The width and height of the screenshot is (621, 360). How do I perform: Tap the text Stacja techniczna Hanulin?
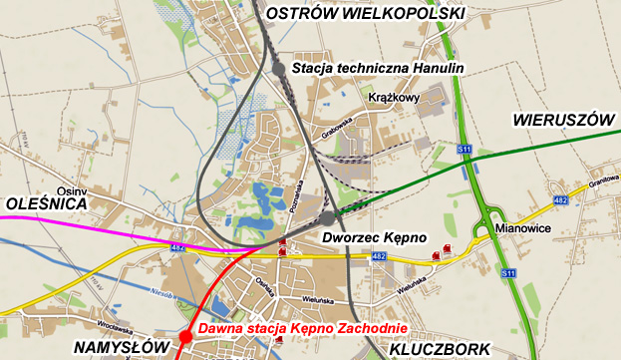click(379, 68)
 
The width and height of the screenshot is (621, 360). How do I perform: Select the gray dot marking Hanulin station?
click(278, 68)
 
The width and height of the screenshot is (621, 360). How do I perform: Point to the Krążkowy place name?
click(393, 98)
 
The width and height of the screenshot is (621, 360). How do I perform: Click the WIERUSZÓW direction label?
click(561, 120)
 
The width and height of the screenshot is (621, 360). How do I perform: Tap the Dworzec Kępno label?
click(375, 237)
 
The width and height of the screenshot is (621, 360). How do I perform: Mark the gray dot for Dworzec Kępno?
click(327, 217)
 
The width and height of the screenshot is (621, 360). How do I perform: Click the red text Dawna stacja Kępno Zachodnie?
click(302, 329)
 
